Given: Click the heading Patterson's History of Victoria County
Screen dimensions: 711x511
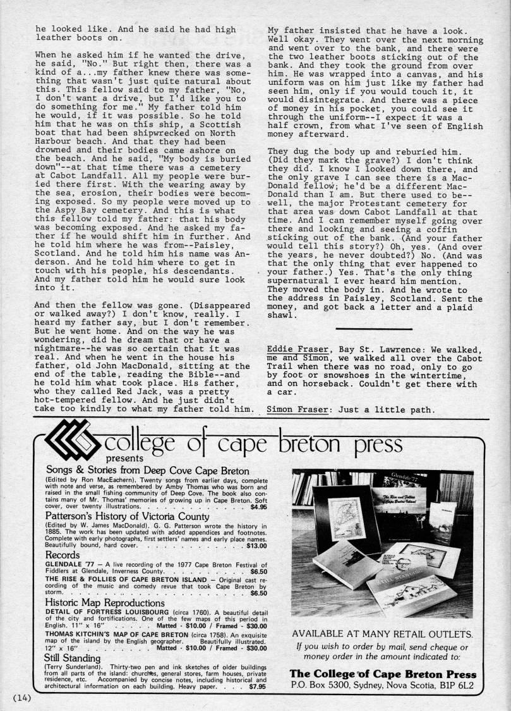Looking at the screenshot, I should (x=123, y=516).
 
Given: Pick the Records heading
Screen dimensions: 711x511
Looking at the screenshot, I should (x=62, y=554).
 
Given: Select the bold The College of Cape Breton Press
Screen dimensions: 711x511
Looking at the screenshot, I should (x=383, y=674).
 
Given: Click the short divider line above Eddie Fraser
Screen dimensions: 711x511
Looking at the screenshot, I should (x=374, y=329).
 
